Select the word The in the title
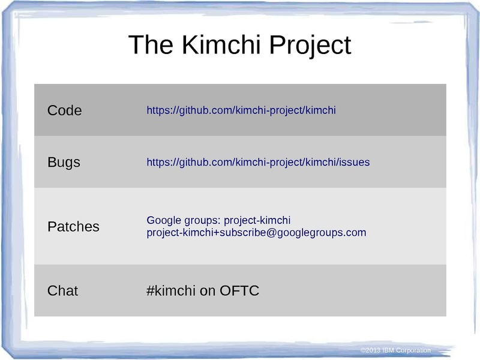(150, 45)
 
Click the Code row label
(64, 110)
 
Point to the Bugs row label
(64, 163)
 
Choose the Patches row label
(73, 227)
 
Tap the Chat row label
(62, 291)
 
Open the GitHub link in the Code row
(241, 110)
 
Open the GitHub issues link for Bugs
(258, 163)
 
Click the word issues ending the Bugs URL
(355, 163)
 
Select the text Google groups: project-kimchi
(218, 220)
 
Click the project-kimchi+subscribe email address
(256, 233)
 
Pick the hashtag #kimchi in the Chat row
(171, 291)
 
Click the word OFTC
(239, 291)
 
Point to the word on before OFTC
(208, 291)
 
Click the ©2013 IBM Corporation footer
(395, 350)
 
